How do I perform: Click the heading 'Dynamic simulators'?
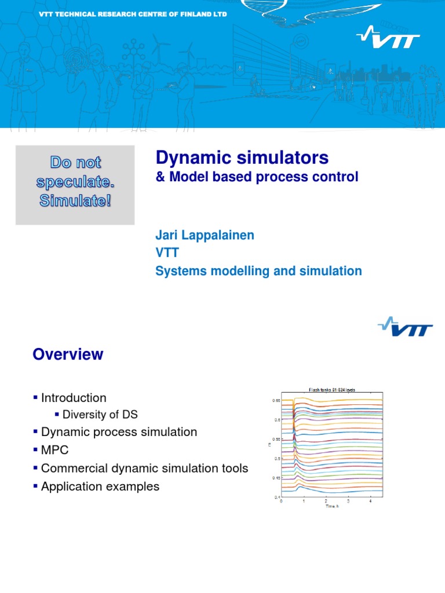point(242,157)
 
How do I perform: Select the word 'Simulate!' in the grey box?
point(75,204)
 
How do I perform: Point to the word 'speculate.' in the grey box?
point(75,182)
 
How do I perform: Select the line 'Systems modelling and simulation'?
point(258,271)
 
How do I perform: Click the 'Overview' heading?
point(68,354)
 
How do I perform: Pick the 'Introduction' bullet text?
point(74,398)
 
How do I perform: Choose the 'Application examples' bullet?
point(100,486)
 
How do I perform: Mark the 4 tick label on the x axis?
point(370,500)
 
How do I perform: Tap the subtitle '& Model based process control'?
point(257,177)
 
